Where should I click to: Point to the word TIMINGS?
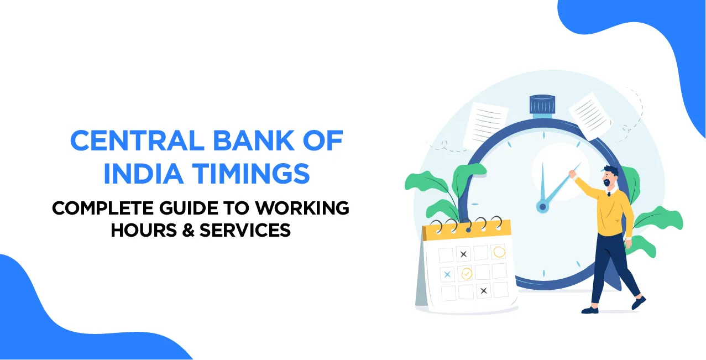click(245, 174)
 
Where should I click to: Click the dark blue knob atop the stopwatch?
click(542, 104)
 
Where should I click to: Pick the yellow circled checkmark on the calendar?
click(467, 273)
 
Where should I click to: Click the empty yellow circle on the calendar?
click(499, 252)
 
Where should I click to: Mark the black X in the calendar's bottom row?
click(484, 290)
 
